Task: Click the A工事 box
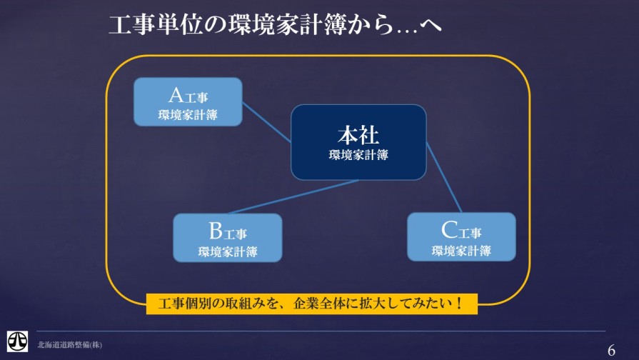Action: [x=188, y=102]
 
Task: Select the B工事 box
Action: [x=228, y=238]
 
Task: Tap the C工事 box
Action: [x=461, y=237]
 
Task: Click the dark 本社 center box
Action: [x=358, y=142]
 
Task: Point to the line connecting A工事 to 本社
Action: [x=266, y=122]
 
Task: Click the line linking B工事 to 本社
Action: [x=293, y=196]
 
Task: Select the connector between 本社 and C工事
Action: [x=444, y=177]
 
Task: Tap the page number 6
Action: [x=611, y=350]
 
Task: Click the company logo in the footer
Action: [x=18, y=341]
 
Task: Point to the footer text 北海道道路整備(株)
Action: [x=70, y=345]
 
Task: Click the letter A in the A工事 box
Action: [x=176, y=96]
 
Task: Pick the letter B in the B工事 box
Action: [x=216, y=231]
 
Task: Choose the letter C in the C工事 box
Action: [x=449, y=230]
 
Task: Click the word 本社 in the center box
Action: [x=358, y=135]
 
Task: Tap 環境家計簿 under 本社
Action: [x=358, y=155]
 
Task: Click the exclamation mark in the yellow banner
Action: [x=459, y=304]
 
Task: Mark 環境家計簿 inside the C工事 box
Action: [x=461, y=251]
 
